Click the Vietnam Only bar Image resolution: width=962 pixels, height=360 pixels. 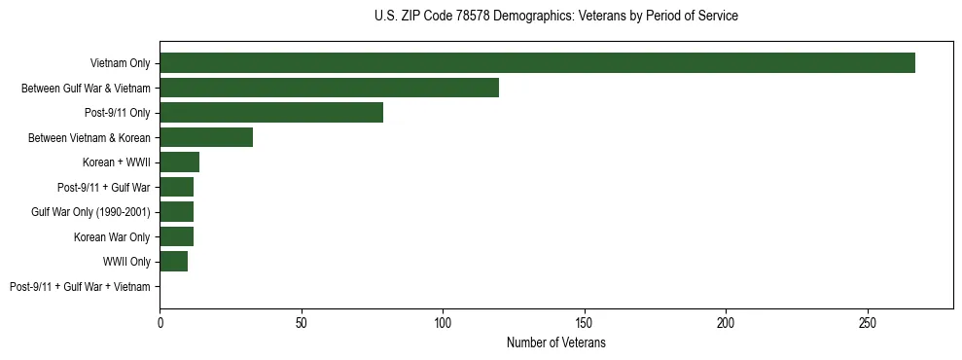pyautogui.click(x=537, y=63)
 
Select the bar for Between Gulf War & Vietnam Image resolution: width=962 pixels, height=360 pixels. pyautogui.click(x=329, y=88)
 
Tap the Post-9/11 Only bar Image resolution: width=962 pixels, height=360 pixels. pyautogui.click(x=271, y=113)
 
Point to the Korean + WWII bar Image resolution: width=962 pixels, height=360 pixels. pyautogui.click(x=179, y=162)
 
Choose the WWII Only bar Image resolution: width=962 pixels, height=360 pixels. pyautogui.click(x=173, y=262)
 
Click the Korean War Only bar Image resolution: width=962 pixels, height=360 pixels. pyautogui.click(x=176, y=236)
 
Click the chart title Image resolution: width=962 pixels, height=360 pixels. pyautogui.click(x=555, y=17)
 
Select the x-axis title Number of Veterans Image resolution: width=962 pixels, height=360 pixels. pyautogui.click(x=555, y=342)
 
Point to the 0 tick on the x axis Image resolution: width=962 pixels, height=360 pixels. pyautogui.click(x=160, y=323)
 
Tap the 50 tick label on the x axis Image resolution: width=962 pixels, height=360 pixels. pyautogui.click(x=302, y=323)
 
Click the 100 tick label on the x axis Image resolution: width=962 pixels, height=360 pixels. pyautogui.click(x=443, y=323)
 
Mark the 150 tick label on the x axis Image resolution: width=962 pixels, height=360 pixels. pyautogui.click(x=585, y=323)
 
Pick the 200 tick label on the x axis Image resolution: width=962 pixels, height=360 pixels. pyautogui.click(x=726, y=323)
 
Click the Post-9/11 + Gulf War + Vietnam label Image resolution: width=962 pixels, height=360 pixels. pyautogui.click(x=80, y=287)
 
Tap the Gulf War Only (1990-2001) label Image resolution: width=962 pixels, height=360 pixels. pyautogui.click(x=90, y=212)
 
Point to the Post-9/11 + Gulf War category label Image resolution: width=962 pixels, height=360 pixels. pyautogui.click(x=104, y=187)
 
